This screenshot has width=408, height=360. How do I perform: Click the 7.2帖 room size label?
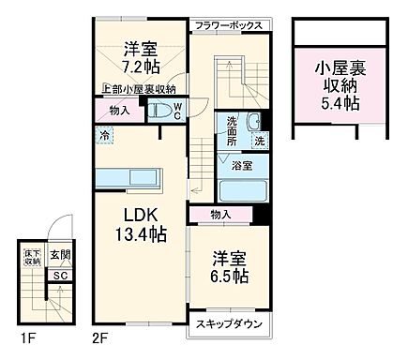[x=140, y=67]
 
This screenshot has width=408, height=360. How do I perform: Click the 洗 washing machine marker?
[x=259, y=141]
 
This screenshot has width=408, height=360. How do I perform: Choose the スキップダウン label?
[x=229, y=325]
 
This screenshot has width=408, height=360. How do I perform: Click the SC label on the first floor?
[x=58, y=275]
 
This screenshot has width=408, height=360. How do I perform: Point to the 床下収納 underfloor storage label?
[x=32, y=256]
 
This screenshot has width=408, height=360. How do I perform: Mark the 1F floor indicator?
[x=29, y=336]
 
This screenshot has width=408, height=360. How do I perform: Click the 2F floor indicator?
[x=100, y=336]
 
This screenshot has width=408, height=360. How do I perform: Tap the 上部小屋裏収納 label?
[x=140, y=90]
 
